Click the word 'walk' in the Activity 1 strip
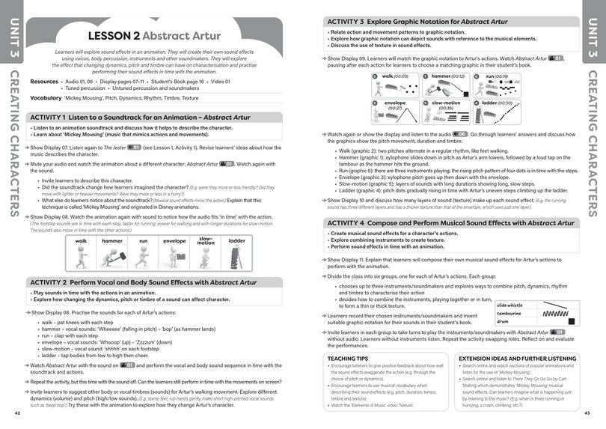pyautogui.click(x=82, y=241)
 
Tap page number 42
pyautogui.click(x=17, y=413)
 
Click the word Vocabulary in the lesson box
pyautogui.click(x=46, y=98)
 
